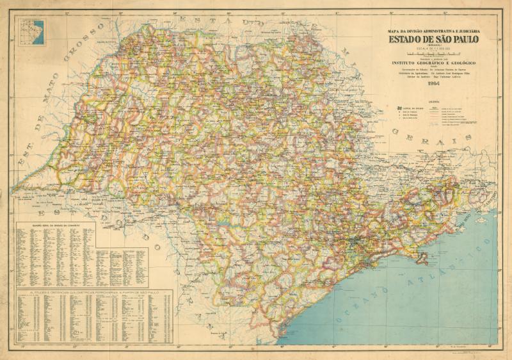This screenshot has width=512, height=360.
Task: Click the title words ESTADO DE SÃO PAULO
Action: pyautogui.click(x=432, y=40)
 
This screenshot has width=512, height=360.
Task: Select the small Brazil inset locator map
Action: pyautogui.click(x=33, y=32)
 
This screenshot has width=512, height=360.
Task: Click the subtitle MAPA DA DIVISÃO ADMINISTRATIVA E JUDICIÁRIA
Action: pyautogui.click(x=432, y=31)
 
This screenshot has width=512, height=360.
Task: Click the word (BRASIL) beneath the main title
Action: pyautogui.click(x=432, y=46)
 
